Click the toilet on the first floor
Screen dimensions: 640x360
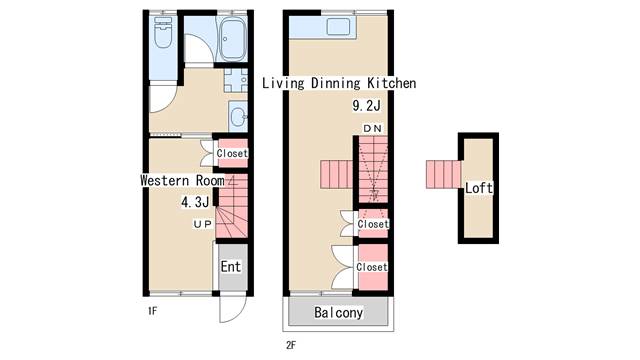(163, 32)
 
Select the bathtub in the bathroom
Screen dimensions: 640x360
(232, 39)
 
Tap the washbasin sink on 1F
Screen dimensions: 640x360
(238, 117)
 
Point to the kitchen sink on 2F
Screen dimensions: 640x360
(338, 27)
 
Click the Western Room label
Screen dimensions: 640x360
(182, 180)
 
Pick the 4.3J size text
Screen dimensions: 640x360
(195, 202)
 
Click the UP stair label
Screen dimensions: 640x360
(203, 224)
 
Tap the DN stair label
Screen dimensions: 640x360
(372, 129)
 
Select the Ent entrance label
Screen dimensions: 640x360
(231, 267)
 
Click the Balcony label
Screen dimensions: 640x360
(338, 313)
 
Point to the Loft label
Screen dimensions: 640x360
(479, 188)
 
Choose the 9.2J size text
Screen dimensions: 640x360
(367, 106)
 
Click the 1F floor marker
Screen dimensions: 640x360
(152, 311)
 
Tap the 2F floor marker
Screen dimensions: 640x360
(291, 345)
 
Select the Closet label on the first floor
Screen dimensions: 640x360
(232, 153)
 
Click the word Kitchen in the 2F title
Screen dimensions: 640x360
(392, 83)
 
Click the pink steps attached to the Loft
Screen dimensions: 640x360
(443, 174)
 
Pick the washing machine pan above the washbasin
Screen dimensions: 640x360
(236, 80)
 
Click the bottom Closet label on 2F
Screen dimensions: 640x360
(372, 267)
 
